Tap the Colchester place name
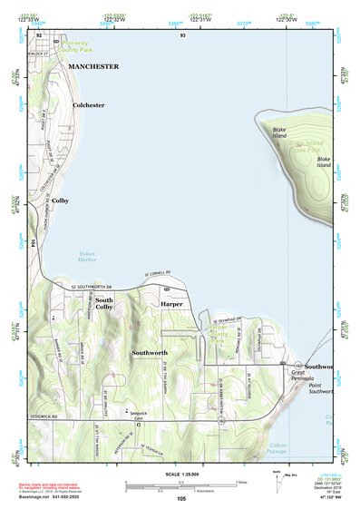click(x=89, y=105)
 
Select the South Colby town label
click(x=104, y=304)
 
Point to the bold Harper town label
click(x=172, y=304)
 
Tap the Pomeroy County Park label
click(x=86, y=46)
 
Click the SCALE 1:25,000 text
click(x=180, y=475)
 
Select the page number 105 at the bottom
click(x=180, y=499)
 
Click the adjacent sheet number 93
click(x=183, y=34)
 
